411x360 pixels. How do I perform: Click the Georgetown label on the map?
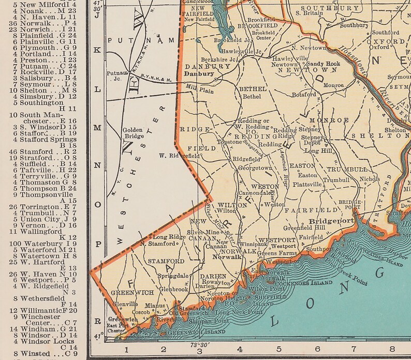pyautogui.click(x=255, y=168)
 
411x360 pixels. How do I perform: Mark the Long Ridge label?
pyautogui.click(x=169, y=237)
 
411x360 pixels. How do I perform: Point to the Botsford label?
pyautogui.click(x=304, y=95)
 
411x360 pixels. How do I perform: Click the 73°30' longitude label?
pyautogui.click(x=200, y=344)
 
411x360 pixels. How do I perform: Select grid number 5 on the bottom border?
pyautogui.click(x=278, y=350)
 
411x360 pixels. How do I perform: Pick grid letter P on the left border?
pyautogui.click(x=97, y=242)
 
